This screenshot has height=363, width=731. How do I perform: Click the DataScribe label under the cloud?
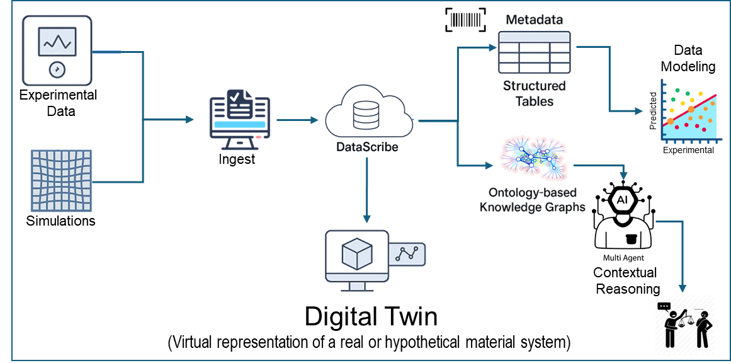368,147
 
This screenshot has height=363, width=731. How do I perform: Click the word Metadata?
534,20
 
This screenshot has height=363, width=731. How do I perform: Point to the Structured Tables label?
534,93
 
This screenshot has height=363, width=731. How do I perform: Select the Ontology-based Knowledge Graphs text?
533,200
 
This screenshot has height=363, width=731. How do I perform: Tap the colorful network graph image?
533,158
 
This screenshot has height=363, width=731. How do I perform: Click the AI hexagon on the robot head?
622,200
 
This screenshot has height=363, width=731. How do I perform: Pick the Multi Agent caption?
623,257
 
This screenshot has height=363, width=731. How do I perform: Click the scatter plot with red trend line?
687,111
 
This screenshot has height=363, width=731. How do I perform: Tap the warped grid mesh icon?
62,180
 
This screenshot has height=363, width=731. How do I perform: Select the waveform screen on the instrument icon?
57,42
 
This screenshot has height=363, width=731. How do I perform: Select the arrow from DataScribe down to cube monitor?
366,189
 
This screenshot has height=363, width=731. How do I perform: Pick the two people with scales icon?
686,323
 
